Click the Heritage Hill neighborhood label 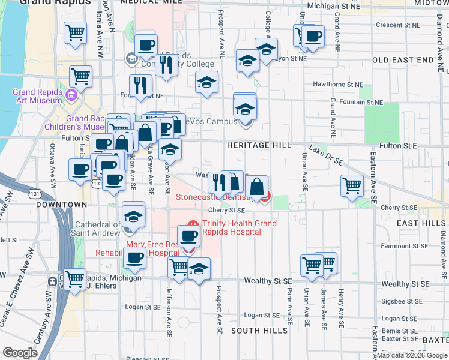(x=259, y=146)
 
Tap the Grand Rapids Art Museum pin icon (x=71, y=95)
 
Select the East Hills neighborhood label (x=421, y=223)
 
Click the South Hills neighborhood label (x=253, y=331)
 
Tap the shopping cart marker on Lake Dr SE (x=352, y=185)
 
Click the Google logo (x=20, y=353)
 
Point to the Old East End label (x=402, y=61)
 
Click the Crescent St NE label (x=398, y=25)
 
